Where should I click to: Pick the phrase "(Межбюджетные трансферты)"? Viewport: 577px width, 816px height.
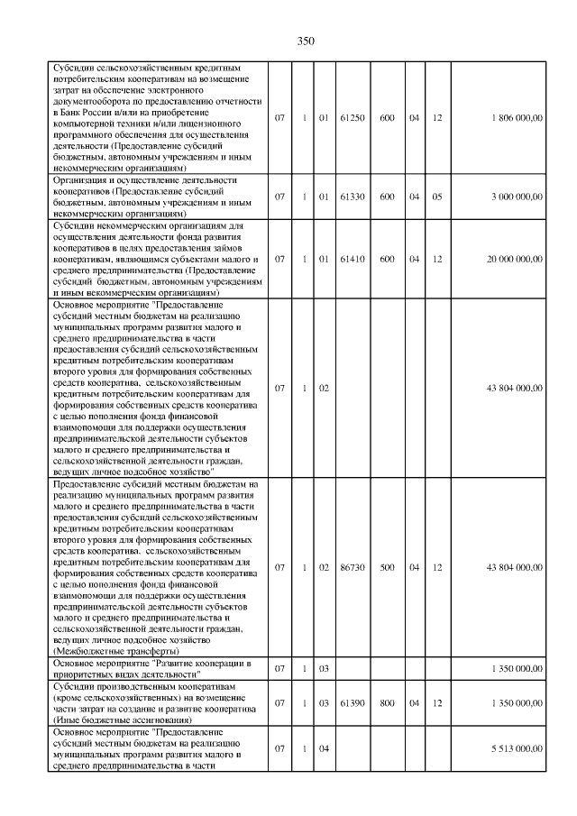116,650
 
